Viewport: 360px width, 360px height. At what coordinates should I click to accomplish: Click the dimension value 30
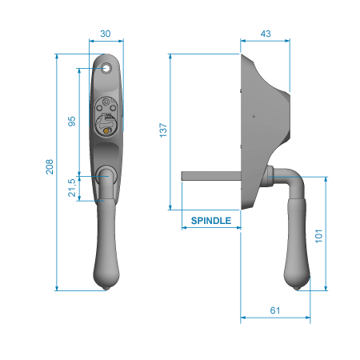[106, 34]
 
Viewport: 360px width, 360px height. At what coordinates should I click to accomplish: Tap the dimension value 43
[266, 34]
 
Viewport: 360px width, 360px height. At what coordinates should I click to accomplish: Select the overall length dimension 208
[50, 167]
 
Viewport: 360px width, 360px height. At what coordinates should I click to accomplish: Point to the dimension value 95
[72, 122]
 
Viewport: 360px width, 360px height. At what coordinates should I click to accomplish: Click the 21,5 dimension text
[72, 188]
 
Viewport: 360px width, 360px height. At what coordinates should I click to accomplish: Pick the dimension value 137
[163, 130]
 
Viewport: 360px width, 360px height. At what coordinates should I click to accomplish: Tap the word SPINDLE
[211, 221]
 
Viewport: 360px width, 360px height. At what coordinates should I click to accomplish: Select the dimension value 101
[319, 236]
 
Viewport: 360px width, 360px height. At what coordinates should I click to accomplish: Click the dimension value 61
[275, 310]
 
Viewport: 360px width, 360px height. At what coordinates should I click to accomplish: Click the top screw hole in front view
[106, 68]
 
